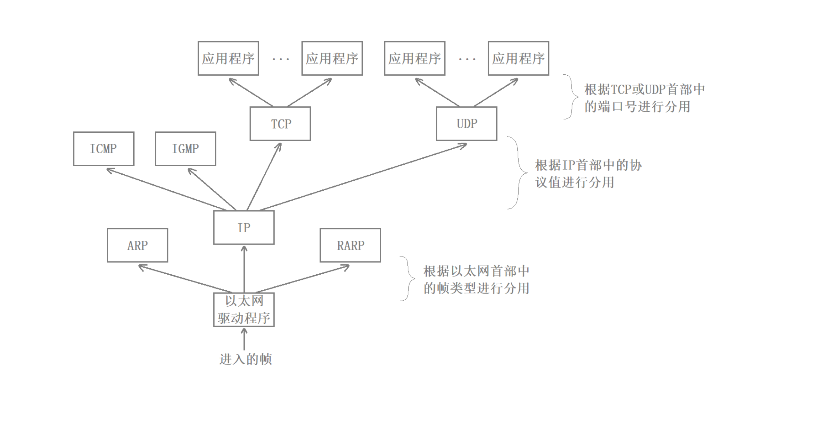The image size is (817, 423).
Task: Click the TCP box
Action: tap(280, 124)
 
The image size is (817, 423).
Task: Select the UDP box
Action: tap(466, 124)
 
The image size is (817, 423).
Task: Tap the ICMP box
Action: tap(103, 149)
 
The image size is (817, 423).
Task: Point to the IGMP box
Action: tap(185, 149)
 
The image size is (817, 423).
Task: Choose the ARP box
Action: tap(137, 245)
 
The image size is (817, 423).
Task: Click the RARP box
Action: tap(350, 245)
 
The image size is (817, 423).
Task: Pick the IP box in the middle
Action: tap(244, 228)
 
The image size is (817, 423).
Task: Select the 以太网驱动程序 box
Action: tap(244, 310)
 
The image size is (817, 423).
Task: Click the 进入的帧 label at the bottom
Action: tap(245, 359)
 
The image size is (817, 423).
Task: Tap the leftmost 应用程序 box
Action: tap(228, 58)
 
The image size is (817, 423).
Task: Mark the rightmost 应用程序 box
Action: tap(518, 58)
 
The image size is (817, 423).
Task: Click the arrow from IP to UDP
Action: tap(362, 177)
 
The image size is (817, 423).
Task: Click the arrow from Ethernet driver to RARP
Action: tap(301, 278)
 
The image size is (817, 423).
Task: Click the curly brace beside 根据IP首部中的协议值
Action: tap(518, 173)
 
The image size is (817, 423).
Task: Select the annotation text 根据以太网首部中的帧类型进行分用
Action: tap(476, 280)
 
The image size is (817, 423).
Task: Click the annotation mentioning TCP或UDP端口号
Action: tap(644, 98)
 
